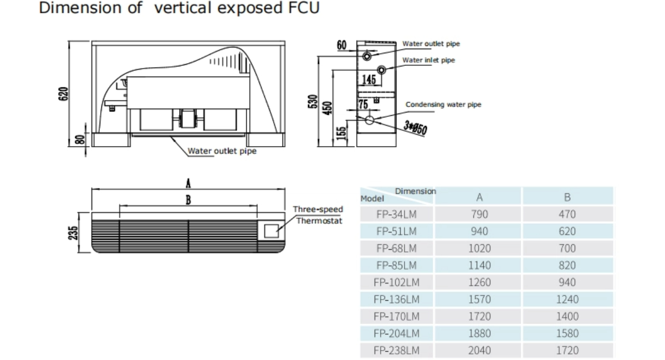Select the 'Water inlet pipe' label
click(428, 60)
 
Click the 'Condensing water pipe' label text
click(443, 104)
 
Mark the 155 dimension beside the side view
click(342, 133)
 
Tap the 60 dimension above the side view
click(342, 44)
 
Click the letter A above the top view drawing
click(188, 183)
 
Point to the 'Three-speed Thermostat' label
click(318, 215)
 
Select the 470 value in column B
click(567, 214)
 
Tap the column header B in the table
click(567, 197)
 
